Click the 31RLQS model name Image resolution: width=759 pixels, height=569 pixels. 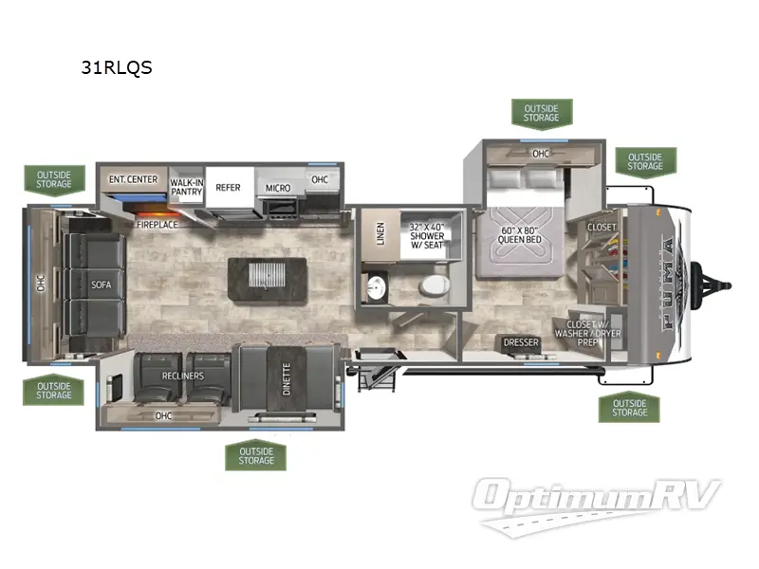pos(119,67)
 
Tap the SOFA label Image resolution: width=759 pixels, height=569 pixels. pos(102,284)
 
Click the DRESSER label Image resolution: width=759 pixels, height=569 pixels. pos(521,342)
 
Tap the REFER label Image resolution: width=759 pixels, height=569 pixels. pos(228,188)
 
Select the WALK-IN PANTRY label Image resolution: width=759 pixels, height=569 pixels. pos(187,187)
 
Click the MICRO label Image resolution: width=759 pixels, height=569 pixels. pos(277,188)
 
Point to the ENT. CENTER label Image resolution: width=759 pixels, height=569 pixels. pos(132,179)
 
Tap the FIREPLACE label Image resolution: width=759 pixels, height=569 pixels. pos(157,226)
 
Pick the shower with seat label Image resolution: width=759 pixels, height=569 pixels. pos(426,237)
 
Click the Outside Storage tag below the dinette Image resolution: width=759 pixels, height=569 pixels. pos(255,455)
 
